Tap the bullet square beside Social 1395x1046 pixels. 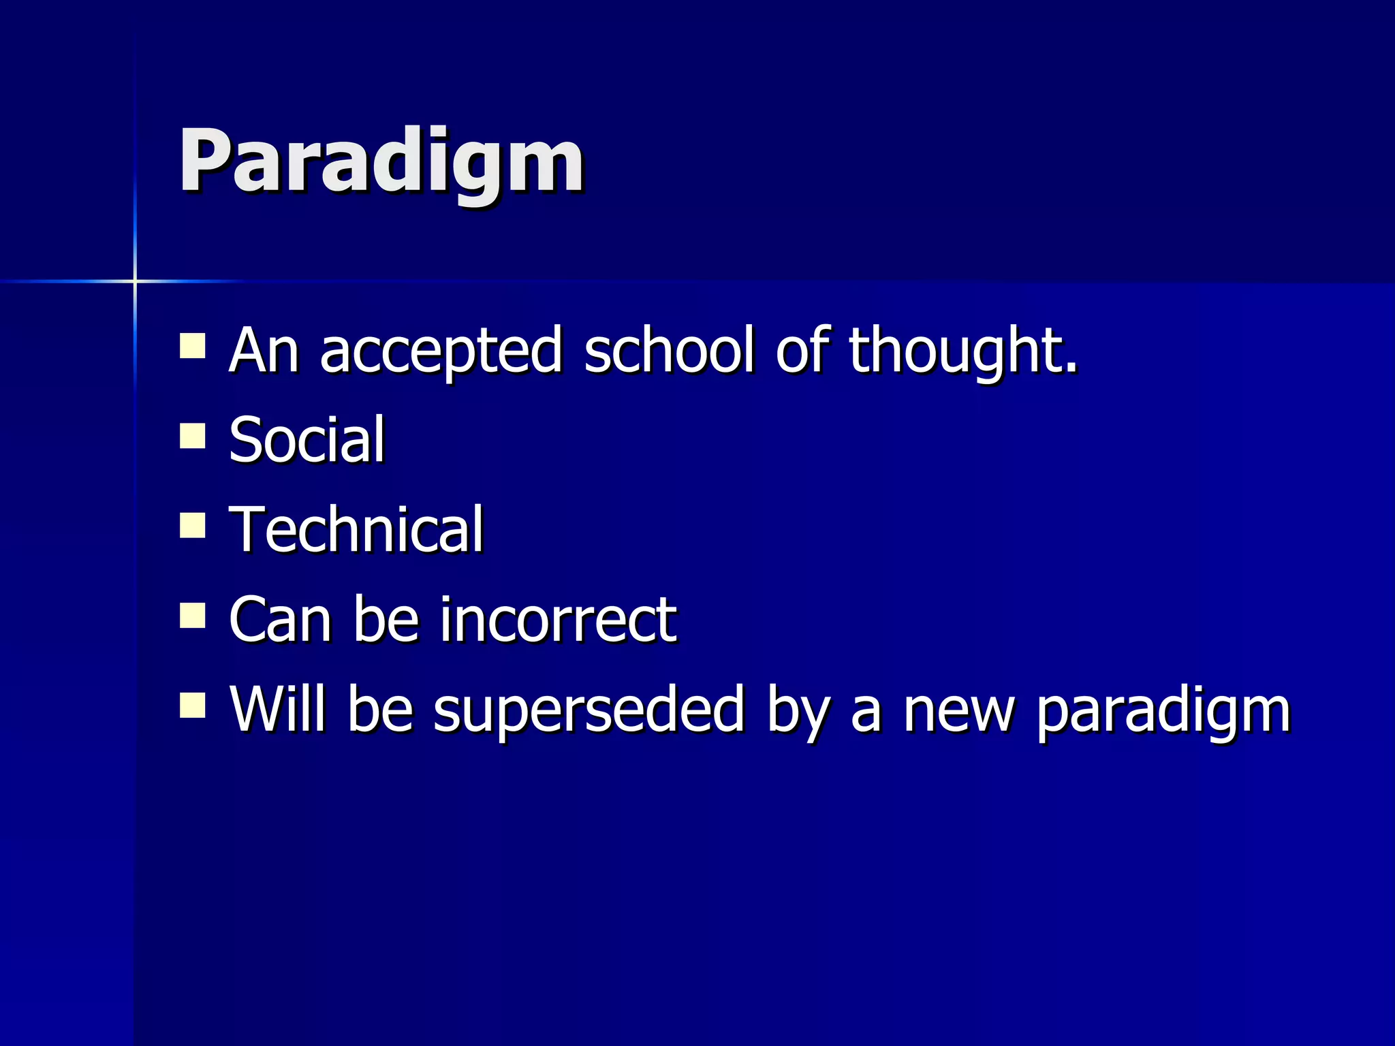[193, 436]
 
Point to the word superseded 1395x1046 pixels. [589, 710]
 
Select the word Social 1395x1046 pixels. [307, 440]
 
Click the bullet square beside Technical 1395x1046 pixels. [193, 525]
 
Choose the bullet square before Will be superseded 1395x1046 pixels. [193, 706]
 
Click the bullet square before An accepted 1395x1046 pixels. [193, 346]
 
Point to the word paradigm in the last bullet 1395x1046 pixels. [1163, 712]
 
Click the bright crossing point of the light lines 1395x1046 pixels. [135, 281]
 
